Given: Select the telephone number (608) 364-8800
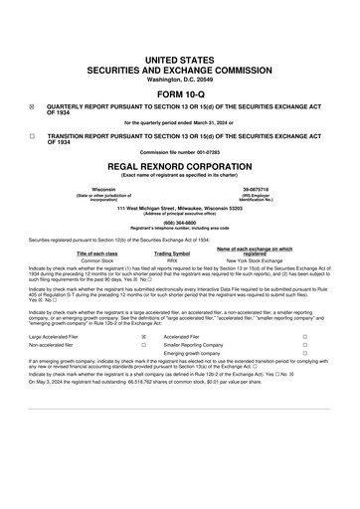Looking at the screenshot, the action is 179,225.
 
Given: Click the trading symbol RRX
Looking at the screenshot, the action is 179,257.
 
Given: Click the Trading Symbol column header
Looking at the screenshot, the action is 179,251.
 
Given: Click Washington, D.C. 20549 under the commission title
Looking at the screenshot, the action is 179,51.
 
